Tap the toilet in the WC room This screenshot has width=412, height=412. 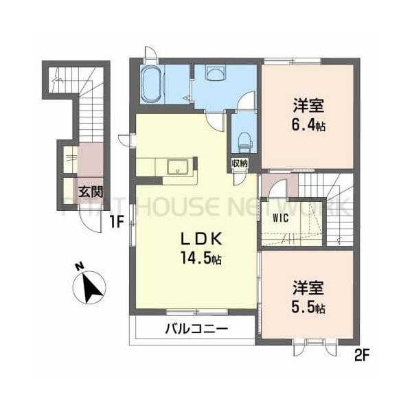[242, 141]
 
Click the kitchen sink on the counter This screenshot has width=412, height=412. [174, 166]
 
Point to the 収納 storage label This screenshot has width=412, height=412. [240, 163]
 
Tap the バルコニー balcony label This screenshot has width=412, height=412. [195, 330]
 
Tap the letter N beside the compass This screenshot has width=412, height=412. [79, 267]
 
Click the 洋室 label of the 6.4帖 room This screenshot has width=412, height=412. [308, 106]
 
